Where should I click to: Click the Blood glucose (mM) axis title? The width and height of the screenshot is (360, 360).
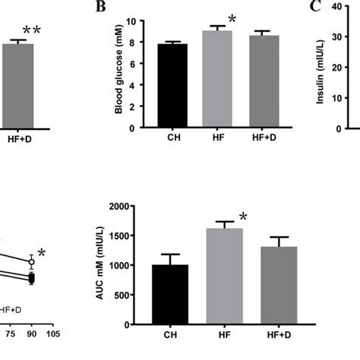119,74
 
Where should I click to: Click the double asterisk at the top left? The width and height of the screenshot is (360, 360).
32,31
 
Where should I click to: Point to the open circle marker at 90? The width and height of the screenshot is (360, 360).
31,262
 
